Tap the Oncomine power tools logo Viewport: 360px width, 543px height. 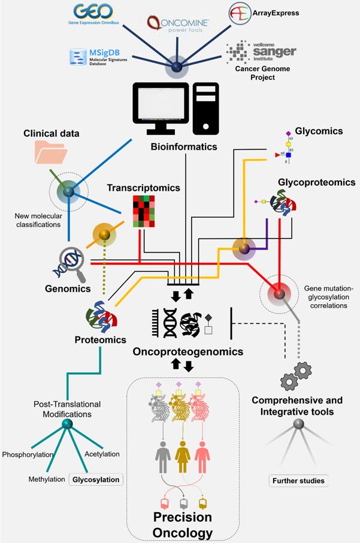pos(178,23)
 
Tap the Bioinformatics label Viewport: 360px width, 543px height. pos(184,147)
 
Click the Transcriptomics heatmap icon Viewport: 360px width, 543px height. pos(144,211)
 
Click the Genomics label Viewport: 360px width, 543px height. pos(68,289)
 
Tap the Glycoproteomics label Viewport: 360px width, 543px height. pos(316,182)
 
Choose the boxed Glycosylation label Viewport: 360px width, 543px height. pos(96,479)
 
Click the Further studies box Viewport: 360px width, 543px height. pos(298,480)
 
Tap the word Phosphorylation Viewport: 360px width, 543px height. pos(28,454)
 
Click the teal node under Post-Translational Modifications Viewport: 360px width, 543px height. pos(67,424)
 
